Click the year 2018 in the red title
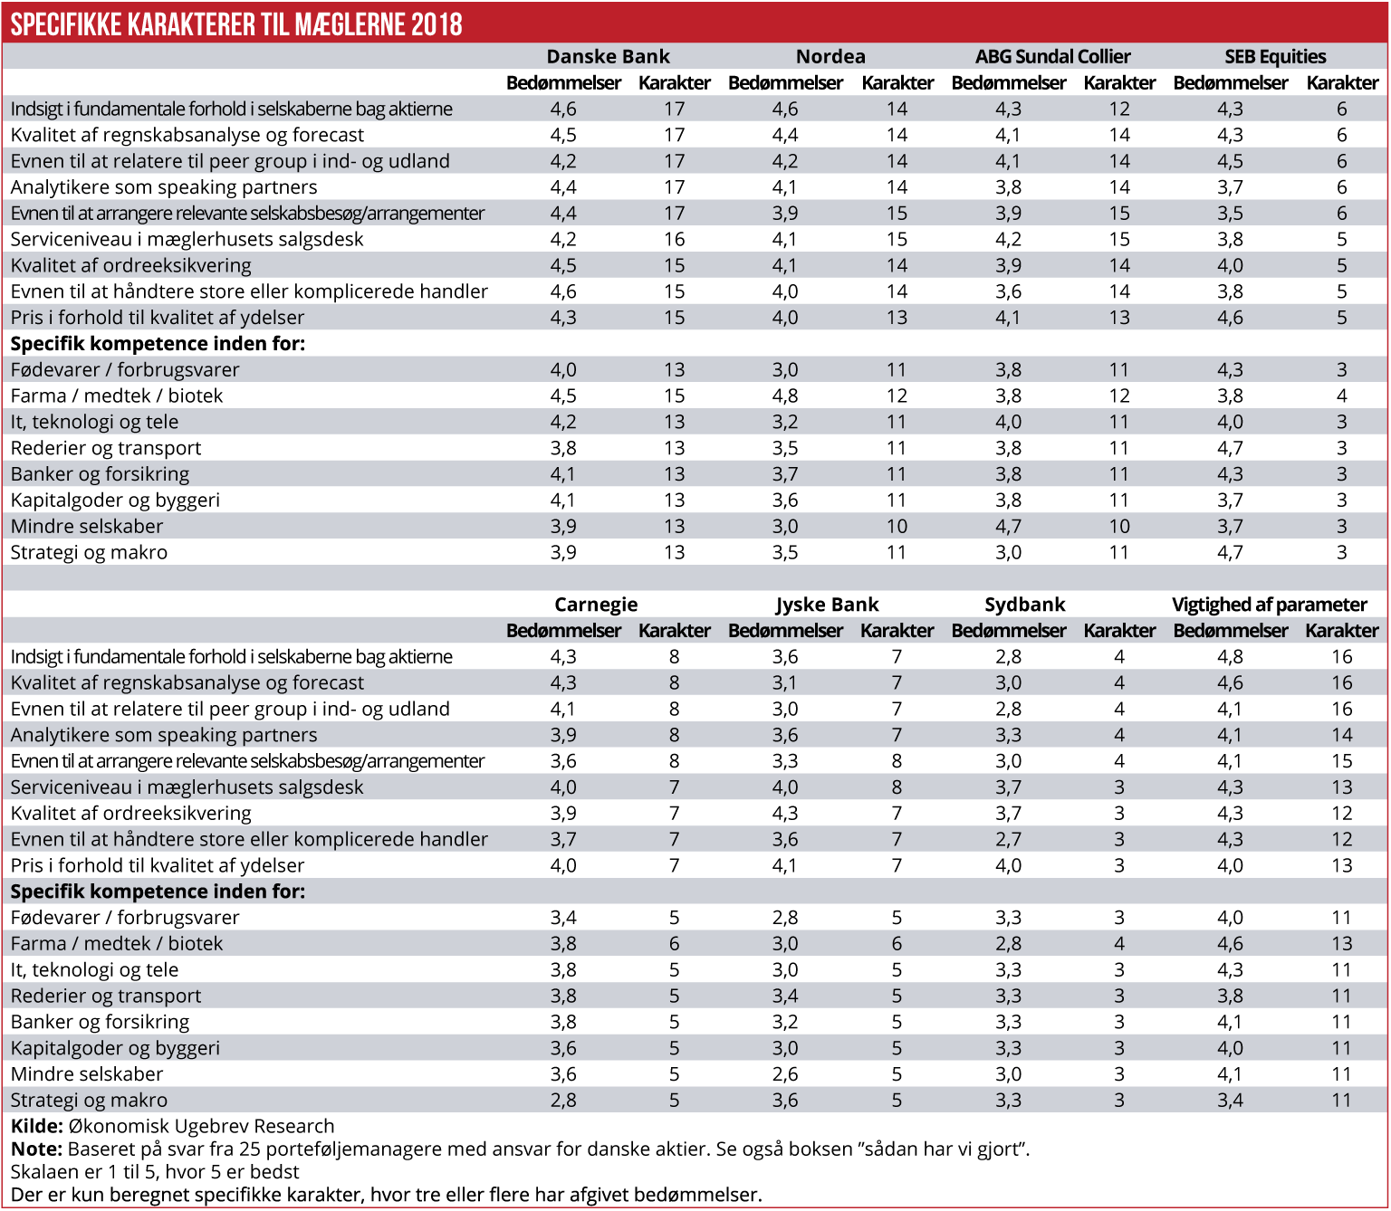[436, 24]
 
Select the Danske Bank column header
[608, 56]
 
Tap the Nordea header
[830, 56]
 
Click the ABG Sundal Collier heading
[1052, 56]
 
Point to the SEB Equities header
[1275, 56]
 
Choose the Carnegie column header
[596, 605]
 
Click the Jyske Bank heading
[827, 605]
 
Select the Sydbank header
[1024, 605]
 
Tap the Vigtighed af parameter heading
[1269, 605]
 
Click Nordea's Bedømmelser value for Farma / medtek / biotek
[785, 396]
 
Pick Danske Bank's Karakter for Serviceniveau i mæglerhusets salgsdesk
[675, 240]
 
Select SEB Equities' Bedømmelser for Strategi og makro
[1230, 553]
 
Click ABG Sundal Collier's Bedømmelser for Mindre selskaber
[1008, 527]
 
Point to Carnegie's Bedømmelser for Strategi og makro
[563, 1101]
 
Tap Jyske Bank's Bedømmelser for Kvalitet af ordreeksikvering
[785, 814]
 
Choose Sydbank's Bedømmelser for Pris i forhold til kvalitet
[1008, 866]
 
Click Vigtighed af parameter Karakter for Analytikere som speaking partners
[1341, 736]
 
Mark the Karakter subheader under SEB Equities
[1342, 83]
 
